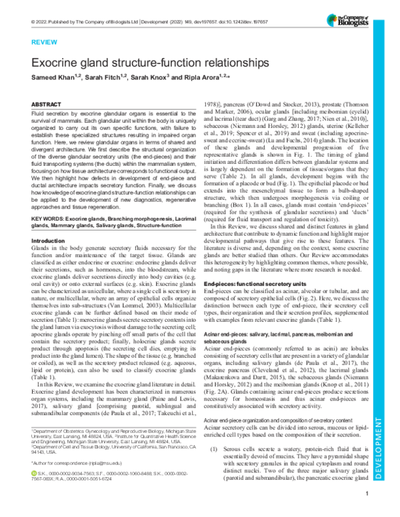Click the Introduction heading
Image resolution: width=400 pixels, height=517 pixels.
click(53, 222)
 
